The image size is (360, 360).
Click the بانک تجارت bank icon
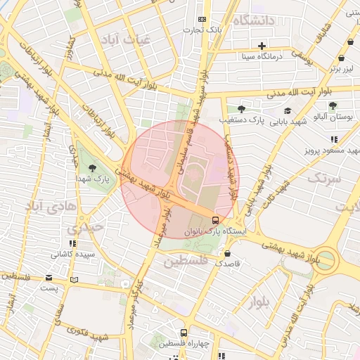pos(202,19)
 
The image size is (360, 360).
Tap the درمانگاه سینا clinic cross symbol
pos(262,45)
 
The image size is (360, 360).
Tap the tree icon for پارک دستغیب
pos(241,109)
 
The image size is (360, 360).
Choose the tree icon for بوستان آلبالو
pos(333,105)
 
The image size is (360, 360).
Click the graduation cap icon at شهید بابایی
pos(287,110)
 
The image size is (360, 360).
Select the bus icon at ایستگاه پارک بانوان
pos(215,219)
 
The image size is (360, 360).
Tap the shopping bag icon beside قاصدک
pos(227,252)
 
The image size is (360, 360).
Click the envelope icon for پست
pos(49,278)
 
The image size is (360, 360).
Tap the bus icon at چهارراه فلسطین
pos(183,333)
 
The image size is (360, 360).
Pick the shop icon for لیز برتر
pos(341,59)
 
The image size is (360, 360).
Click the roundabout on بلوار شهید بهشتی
pos(326,259)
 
